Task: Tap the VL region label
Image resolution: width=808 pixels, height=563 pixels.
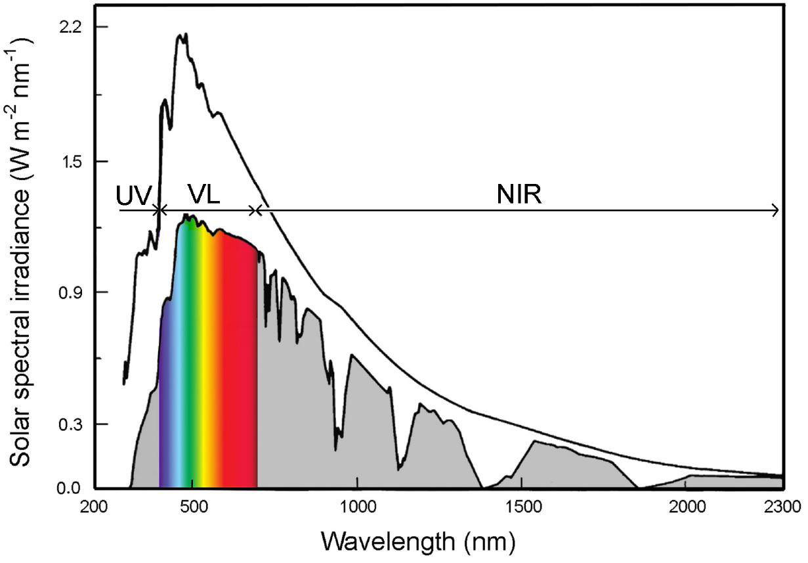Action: (203, 194)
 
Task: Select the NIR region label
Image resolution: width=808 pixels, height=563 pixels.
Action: (519, 194)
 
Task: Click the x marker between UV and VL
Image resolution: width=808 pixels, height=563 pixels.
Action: (158, 210)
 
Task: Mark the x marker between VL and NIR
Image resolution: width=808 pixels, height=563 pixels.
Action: (256, 210)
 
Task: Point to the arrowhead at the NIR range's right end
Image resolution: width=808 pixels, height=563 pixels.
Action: (776, 210)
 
